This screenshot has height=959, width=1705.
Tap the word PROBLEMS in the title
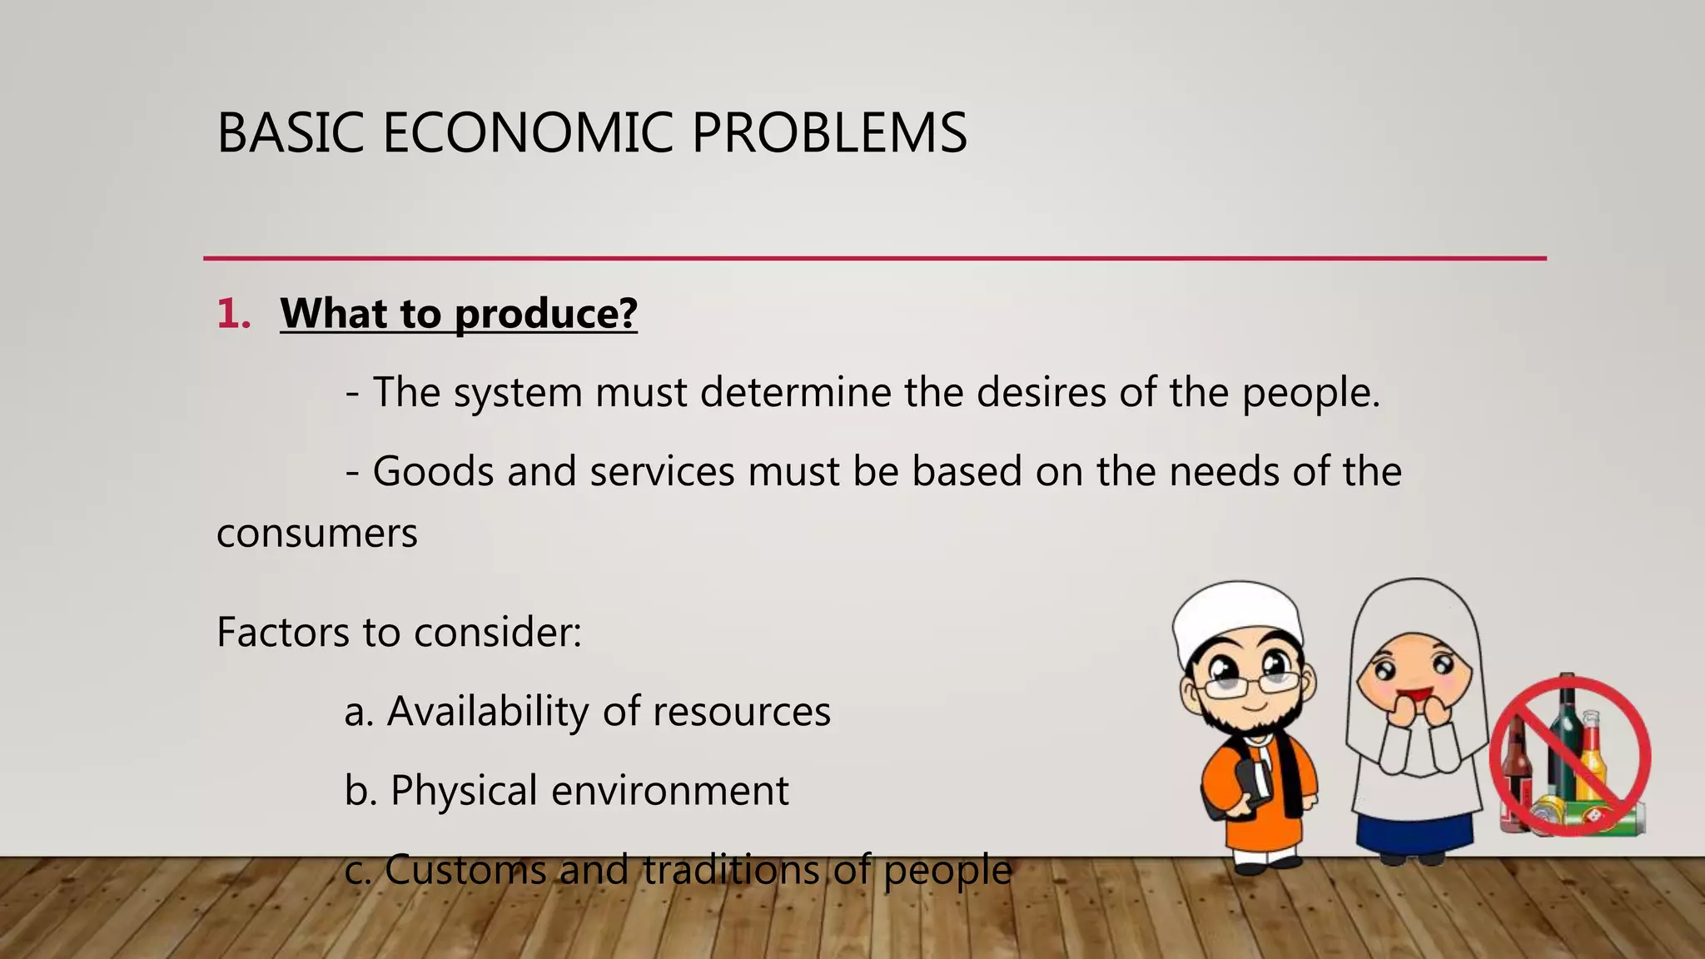(829, 133)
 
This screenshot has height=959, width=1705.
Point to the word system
(517, 392)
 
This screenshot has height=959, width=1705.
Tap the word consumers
(316, 534)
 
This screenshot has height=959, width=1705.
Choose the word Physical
(464, 791)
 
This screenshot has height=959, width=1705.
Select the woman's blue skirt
(1415, 832)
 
